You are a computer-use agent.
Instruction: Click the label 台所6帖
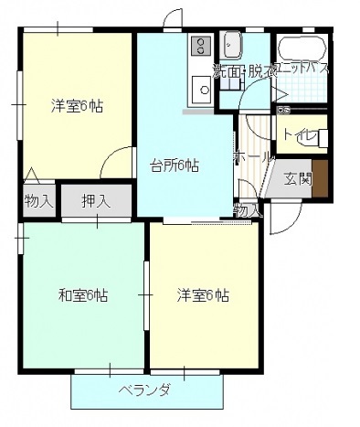coord(175,165)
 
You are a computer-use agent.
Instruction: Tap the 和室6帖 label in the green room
coord(83,295)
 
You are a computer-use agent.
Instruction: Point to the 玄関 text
coord(297,179)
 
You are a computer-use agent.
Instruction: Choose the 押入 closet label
coord(96,200)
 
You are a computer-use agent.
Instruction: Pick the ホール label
coord(253,157)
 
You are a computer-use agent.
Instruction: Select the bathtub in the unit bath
coord(300,49)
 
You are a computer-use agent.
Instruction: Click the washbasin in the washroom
coord(231,44)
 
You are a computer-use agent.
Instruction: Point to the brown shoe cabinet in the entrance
coord(320,178)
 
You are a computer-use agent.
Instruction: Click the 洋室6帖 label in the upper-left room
coord(76,105)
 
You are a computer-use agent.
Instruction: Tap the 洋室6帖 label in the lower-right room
coord(202,295)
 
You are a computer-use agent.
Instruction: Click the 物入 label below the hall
coord(246,210)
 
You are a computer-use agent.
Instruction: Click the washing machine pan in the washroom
coord(229,84)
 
